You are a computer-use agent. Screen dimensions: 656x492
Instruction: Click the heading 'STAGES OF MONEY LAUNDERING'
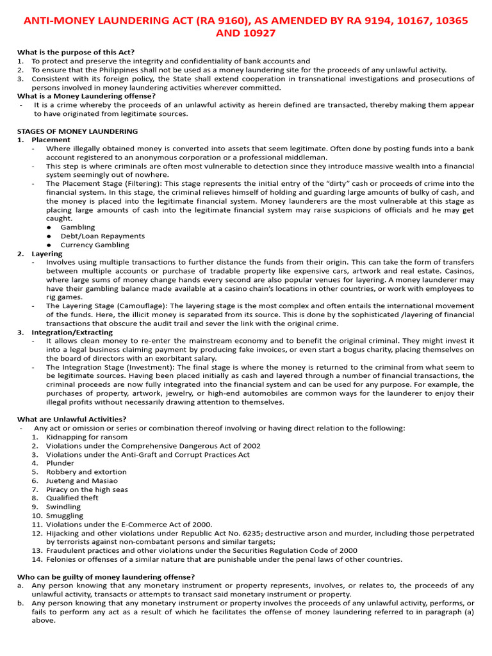pos(77,131)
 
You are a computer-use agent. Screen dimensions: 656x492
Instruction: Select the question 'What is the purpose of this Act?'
pos(76,52)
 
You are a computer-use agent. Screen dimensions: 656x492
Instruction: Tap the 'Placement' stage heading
pos(51,140)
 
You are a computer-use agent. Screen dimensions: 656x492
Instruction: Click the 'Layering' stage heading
pos(47,254)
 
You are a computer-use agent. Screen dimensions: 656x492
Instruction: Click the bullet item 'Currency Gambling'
pos(94,245)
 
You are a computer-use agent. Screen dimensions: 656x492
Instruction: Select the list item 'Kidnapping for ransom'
pos(86,437)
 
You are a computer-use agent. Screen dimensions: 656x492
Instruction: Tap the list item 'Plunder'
pos(60,463)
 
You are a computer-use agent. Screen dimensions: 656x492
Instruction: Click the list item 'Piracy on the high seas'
pos(86,489)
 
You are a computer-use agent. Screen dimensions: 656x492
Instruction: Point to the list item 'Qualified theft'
pos(72,498)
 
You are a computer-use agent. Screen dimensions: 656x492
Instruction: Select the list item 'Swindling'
pos(63,507)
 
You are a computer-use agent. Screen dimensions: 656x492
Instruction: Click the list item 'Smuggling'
pos(64,516)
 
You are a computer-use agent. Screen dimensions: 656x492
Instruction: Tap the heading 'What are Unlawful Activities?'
pos(71,419)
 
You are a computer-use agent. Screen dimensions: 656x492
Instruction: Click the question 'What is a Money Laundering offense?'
pos(86,96)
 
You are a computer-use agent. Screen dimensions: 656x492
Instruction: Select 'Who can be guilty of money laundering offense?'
pos(106,577)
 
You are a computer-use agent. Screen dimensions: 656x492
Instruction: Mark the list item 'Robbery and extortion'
pos(86,471)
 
